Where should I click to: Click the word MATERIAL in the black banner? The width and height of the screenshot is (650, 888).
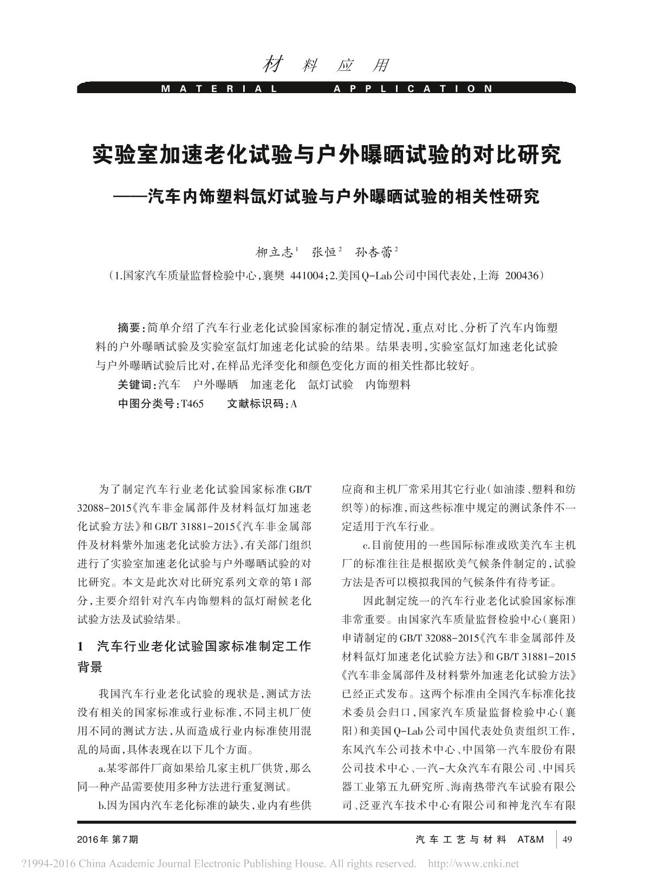(219, 88)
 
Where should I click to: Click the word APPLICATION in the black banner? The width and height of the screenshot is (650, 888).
(413, 88)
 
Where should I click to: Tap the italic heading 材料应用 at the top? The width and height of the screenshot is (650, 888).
(326, 66)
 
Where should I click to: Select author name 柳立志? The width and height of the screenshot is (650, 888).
(275, 252)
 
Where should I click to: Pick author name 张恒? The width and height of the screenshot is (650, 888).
(324, 252)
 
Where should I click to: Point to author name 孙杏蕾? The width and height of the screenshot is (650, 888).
(374, 252)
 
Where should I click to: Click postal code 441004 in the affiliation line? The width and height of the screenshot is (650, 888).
(305, 276)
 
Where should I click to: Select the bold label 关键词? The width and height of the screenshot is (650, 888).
(136, 385)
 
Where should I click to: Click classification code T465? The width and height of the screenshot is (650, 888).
(192, 404)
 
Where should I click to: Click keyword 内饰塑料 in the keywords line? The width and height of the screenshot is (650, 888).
(388, 385)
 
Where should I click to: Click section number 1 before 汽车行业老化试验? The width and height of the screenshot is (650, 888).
(81, 646)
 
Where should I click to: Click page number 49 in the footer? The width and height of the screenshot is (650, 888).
(568, 839)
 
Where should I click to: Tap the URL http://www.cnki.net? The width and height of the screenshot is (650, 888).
(473, 864)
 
